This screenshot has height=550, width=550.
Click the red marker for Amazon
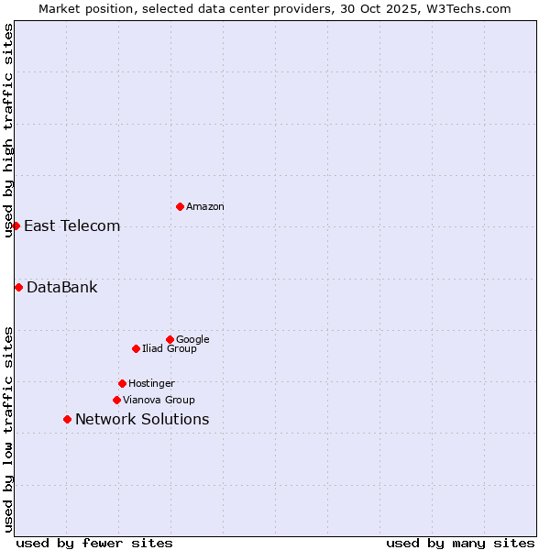coord(180,206)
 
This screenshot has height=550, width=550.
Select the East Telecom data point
coord(16,225)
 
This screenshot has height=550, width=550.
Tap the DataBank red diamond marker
coord(18,287)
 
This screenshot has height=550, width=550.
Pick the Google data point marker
coord(170,339)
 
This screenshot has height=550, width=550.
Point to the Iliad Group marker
coord(136,348)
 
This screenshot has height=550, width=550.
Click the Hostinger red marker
coord(122,383)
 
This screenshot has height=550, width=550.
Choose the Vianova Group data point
coord(116,400)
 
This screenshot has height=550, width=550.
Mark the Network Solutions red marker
coord(67,419)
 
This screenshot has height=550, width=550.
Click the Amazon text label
coord(205,206)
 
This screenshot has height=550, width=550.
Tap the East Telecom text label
coord(71,225)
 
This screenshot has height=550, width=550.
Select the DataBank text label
coord(61,287)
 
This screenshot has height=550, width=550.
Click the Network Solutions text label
coord(142,419)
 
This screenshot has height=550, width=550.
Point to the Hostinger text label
coord(151,383)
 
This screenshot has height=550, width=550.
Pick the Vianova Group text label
coord(159,400)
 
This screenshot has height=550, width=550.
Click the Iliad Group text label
coord(170,348)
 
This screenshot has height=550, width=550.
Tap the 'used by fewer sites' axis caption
coord(94,543)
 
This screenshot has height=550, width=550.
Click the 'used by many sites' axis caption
coord(460,543)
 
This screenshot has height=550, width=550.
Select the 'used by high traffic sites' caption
coord(8,130)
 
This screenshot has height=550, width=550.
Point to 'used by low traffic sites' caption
coord(8,428)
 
